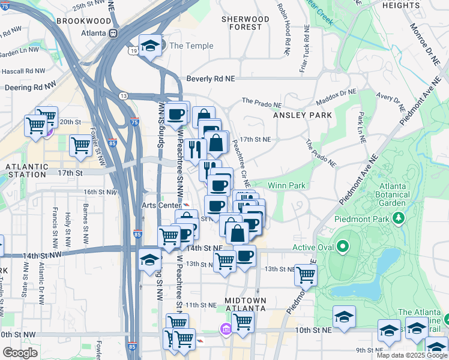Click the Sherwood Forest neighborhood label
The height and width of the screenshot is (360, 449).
[x=246, y=23]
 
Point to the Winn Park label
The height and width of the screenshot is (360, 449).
[x=286, y=185]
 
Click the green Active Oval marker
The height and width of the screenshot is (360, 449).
[x=343, y=247]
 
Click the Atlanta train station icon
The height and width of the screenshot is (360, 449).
[x=112, y=34]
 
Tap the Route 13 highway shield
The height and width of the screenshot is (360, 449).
[x=122, y=96]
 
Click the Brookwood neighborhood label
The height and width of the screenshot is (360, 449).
[x=83, y=21]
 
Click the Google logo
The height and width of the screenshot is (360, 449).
[x=20, y=353]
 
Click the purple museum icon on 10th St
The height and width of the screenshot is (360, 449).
[x=226, y=329]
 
